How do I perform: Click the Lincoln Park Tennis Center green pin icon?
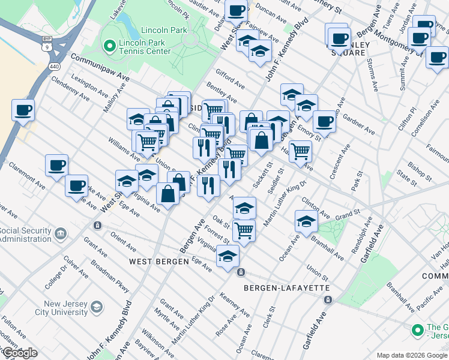coord(109,45)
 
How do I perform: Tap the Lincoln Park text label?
coord(164,30)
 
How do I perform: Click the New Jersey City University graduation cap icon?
coord(96,308)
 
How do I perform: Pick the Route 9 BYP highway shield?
coord(46,43)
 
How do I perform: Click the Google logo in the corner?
coord(20,353)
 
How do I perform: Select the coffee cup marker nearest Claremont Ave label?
coord(56,165)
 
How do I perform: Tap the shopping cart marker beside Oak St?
coord(244,229)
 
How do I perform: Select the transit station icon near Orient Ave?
coord(97,226)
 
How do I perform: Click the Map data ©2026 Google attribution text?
coord(412,355)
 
